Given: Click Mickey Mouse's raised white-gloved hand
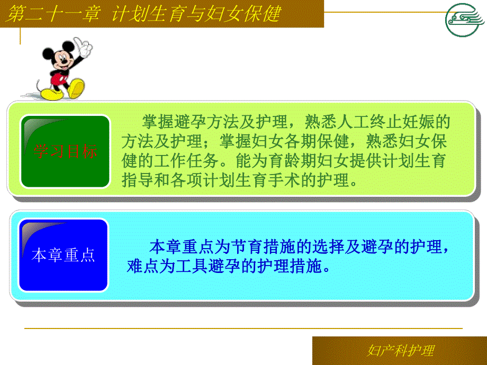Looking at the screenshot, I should (83, 45).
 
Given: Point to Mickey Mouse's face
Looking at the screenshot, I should (62, 59).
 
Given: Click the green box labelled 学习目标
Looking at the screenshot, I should (65, 152).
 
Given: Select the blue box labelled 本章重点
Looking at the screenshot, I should (64, 255).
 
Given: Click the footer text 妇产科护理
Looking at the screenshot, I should (400, 351).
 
